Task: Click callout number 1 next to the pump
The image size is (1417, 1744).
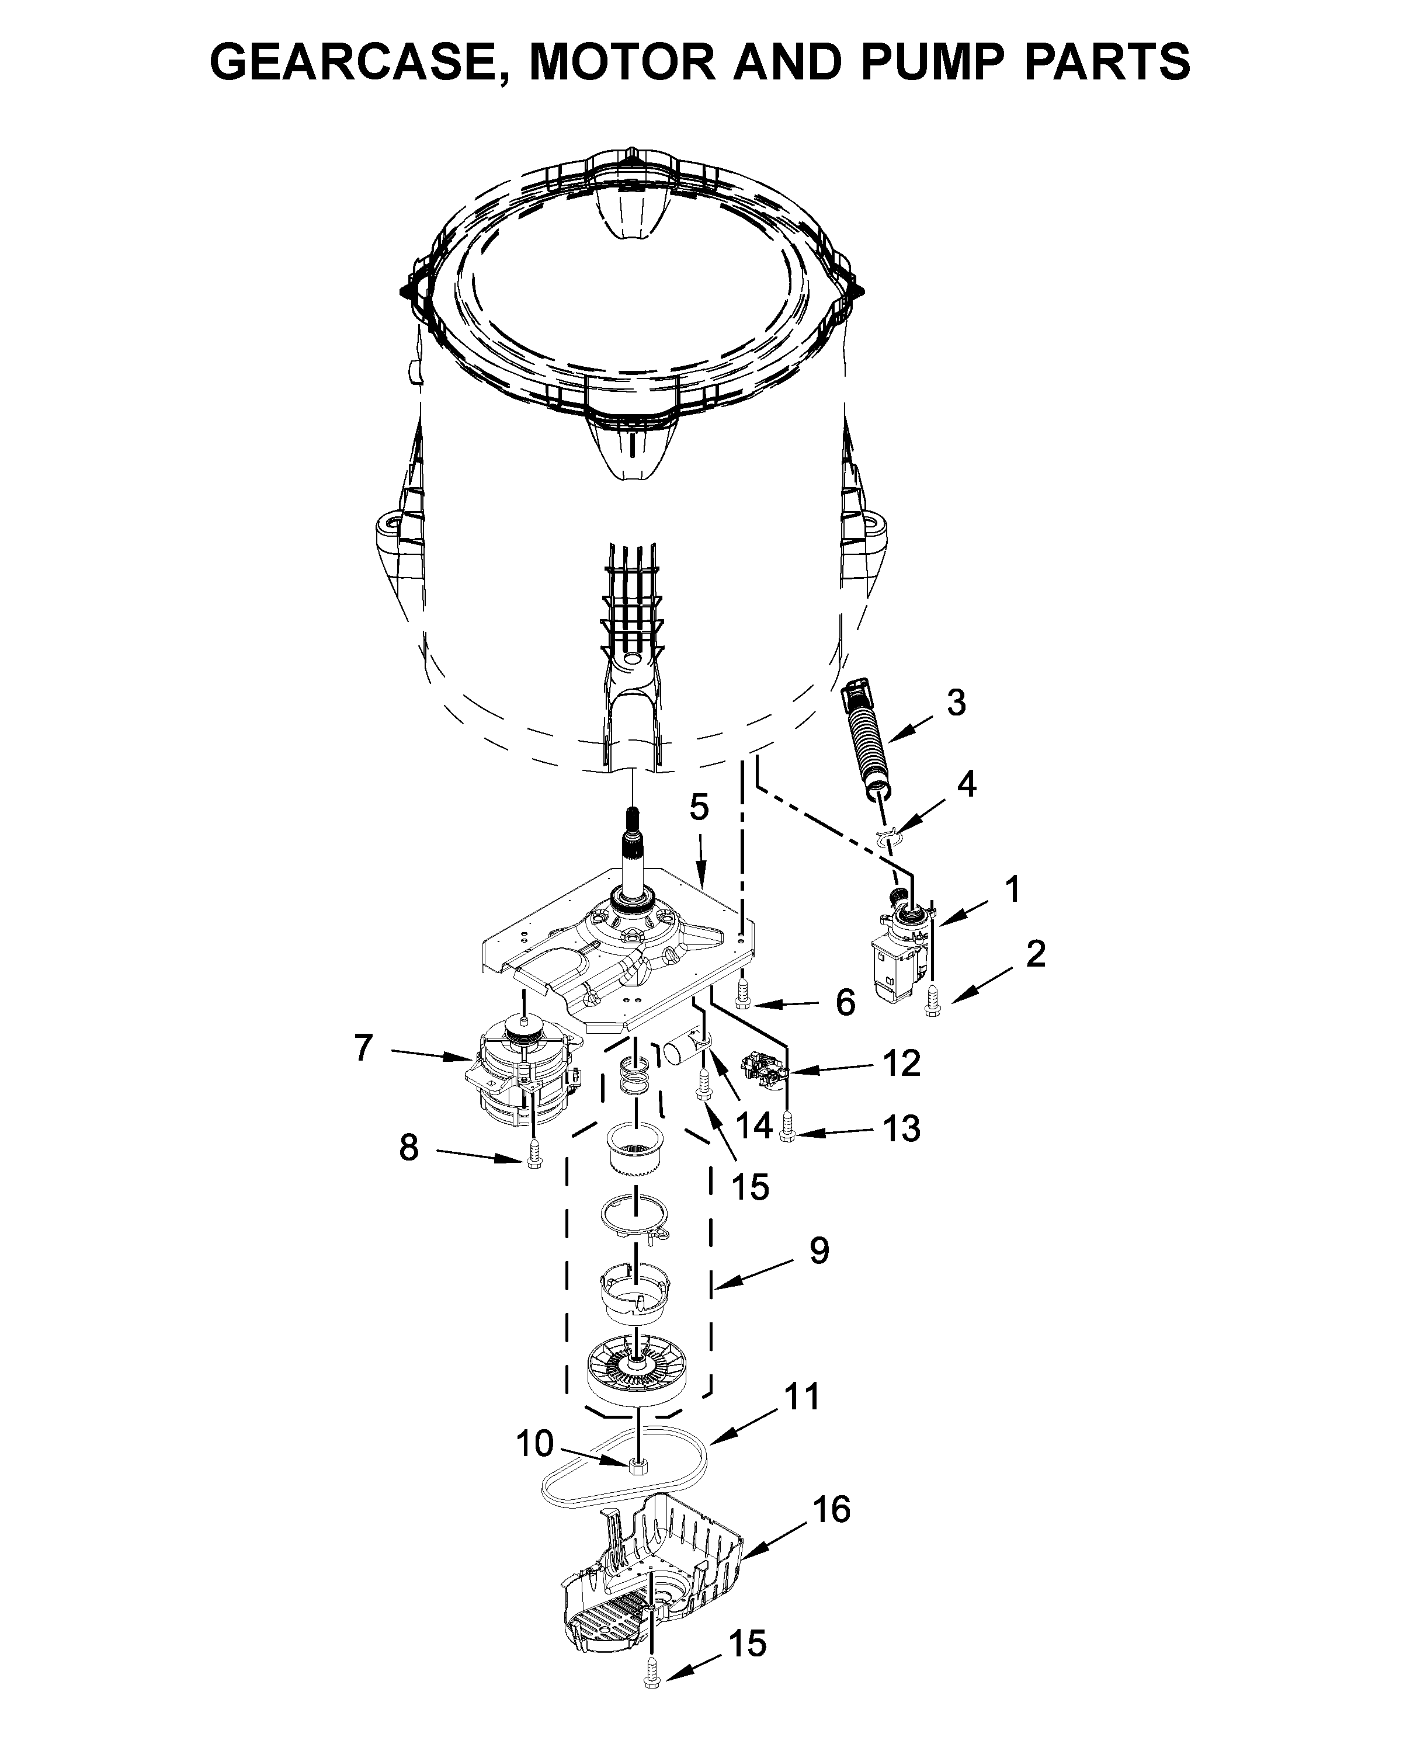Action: coord(1012,889)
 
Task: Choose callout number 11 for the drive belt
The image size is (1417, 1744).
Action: coord(801,1396)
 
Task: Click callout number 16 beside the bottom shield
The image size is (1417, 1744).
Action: coord(832,1509)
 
